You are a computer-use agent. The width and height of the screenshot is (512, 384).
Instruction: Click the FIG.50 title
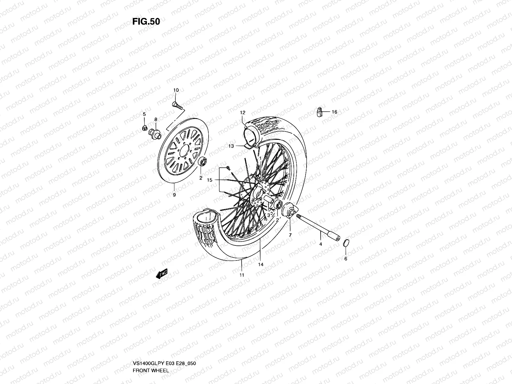pos(146,21)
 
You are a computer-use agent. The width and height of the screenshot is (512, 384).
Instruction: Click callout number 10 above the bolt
pos(176,90)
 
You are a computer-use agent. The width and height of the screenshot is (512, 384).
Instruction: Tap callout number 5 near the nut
pos(144,114)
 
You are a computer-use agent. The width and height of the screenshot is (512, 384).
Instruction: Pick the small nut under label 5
pos(145,129)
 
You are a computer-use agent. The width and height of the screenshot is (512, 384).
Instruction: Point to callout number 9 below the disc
pos(174,195)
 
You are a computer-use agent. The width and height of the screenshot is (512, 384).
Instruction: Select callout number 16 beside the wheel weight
pos(334,112)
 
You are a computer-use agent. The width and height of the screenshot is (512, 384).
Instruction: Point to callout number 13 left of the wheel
pos(231,146)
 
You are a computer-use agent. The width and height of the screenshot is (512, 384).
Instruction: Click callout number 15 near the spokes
pos(210,180)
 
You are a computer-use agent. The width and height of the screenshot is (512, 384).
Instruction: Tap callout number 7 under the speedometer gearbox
pos(290,235)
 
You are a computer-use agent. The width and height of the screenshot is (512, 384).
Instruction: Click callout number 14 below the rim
pos(261,264)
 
